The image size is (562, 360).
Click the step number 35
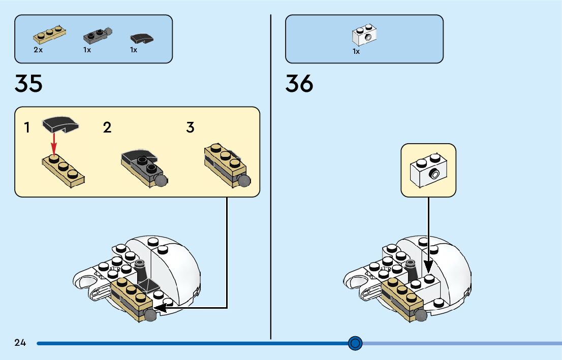pyautogui.click(x=28, y=84)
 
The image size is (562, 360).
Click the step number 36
pyautogui.click(x=299, y=84)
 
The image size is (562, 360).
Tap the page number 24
pyautogui.click(x=20, y=343)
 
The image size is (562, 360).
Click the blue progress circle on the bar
pyautogui.click(x=355, y=343)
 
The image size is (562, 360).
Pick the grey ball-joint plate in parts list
pyautogui.click(x=97, y=36)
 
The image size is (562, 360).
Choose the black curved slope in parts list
pyautogui.click(x=142, y=38)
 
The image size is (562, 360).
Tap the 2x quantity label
pyautogui.click(x=38, y=50)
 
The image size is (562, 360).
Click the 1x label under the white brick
pyautogui.click(x=356, y=51)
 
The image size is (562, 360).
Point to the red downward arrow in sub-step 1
pyautogui.click(x=54, y=145)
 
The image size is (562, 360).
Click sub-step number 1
pyautogui.click(x=27, y=127)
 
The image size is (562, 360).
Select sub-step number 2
pyautogui.click(x=107, y=127)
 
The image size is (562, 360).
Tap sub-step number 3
pyautogui.click(x=190, y=127)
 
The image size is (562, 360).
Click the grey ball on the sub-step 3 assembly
pyautogui.click(x=244, y=181)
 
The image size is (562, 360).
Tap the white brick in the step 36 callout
pyautogui.click(x=428, y=170)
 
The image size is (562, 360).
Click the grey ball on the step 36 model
pyautogui.click(x=421, y=315)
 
